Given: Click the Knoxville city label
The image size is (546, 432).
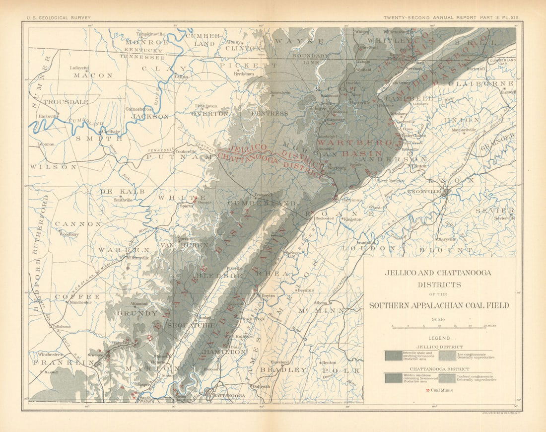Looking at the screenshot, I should pyautogui.click(x=425, y=192).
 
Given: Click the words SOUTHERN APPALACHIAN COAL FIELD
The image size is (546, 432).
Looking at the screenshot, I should pyautogui.click(x=439, y=305).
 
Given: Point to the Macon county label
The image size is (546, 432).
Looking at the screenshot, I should pyautogui.click(x=93, y=75).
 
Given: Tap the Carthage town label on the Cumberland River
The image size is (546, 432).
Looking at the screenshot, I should pyautogui.click(x=111, y=132).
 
